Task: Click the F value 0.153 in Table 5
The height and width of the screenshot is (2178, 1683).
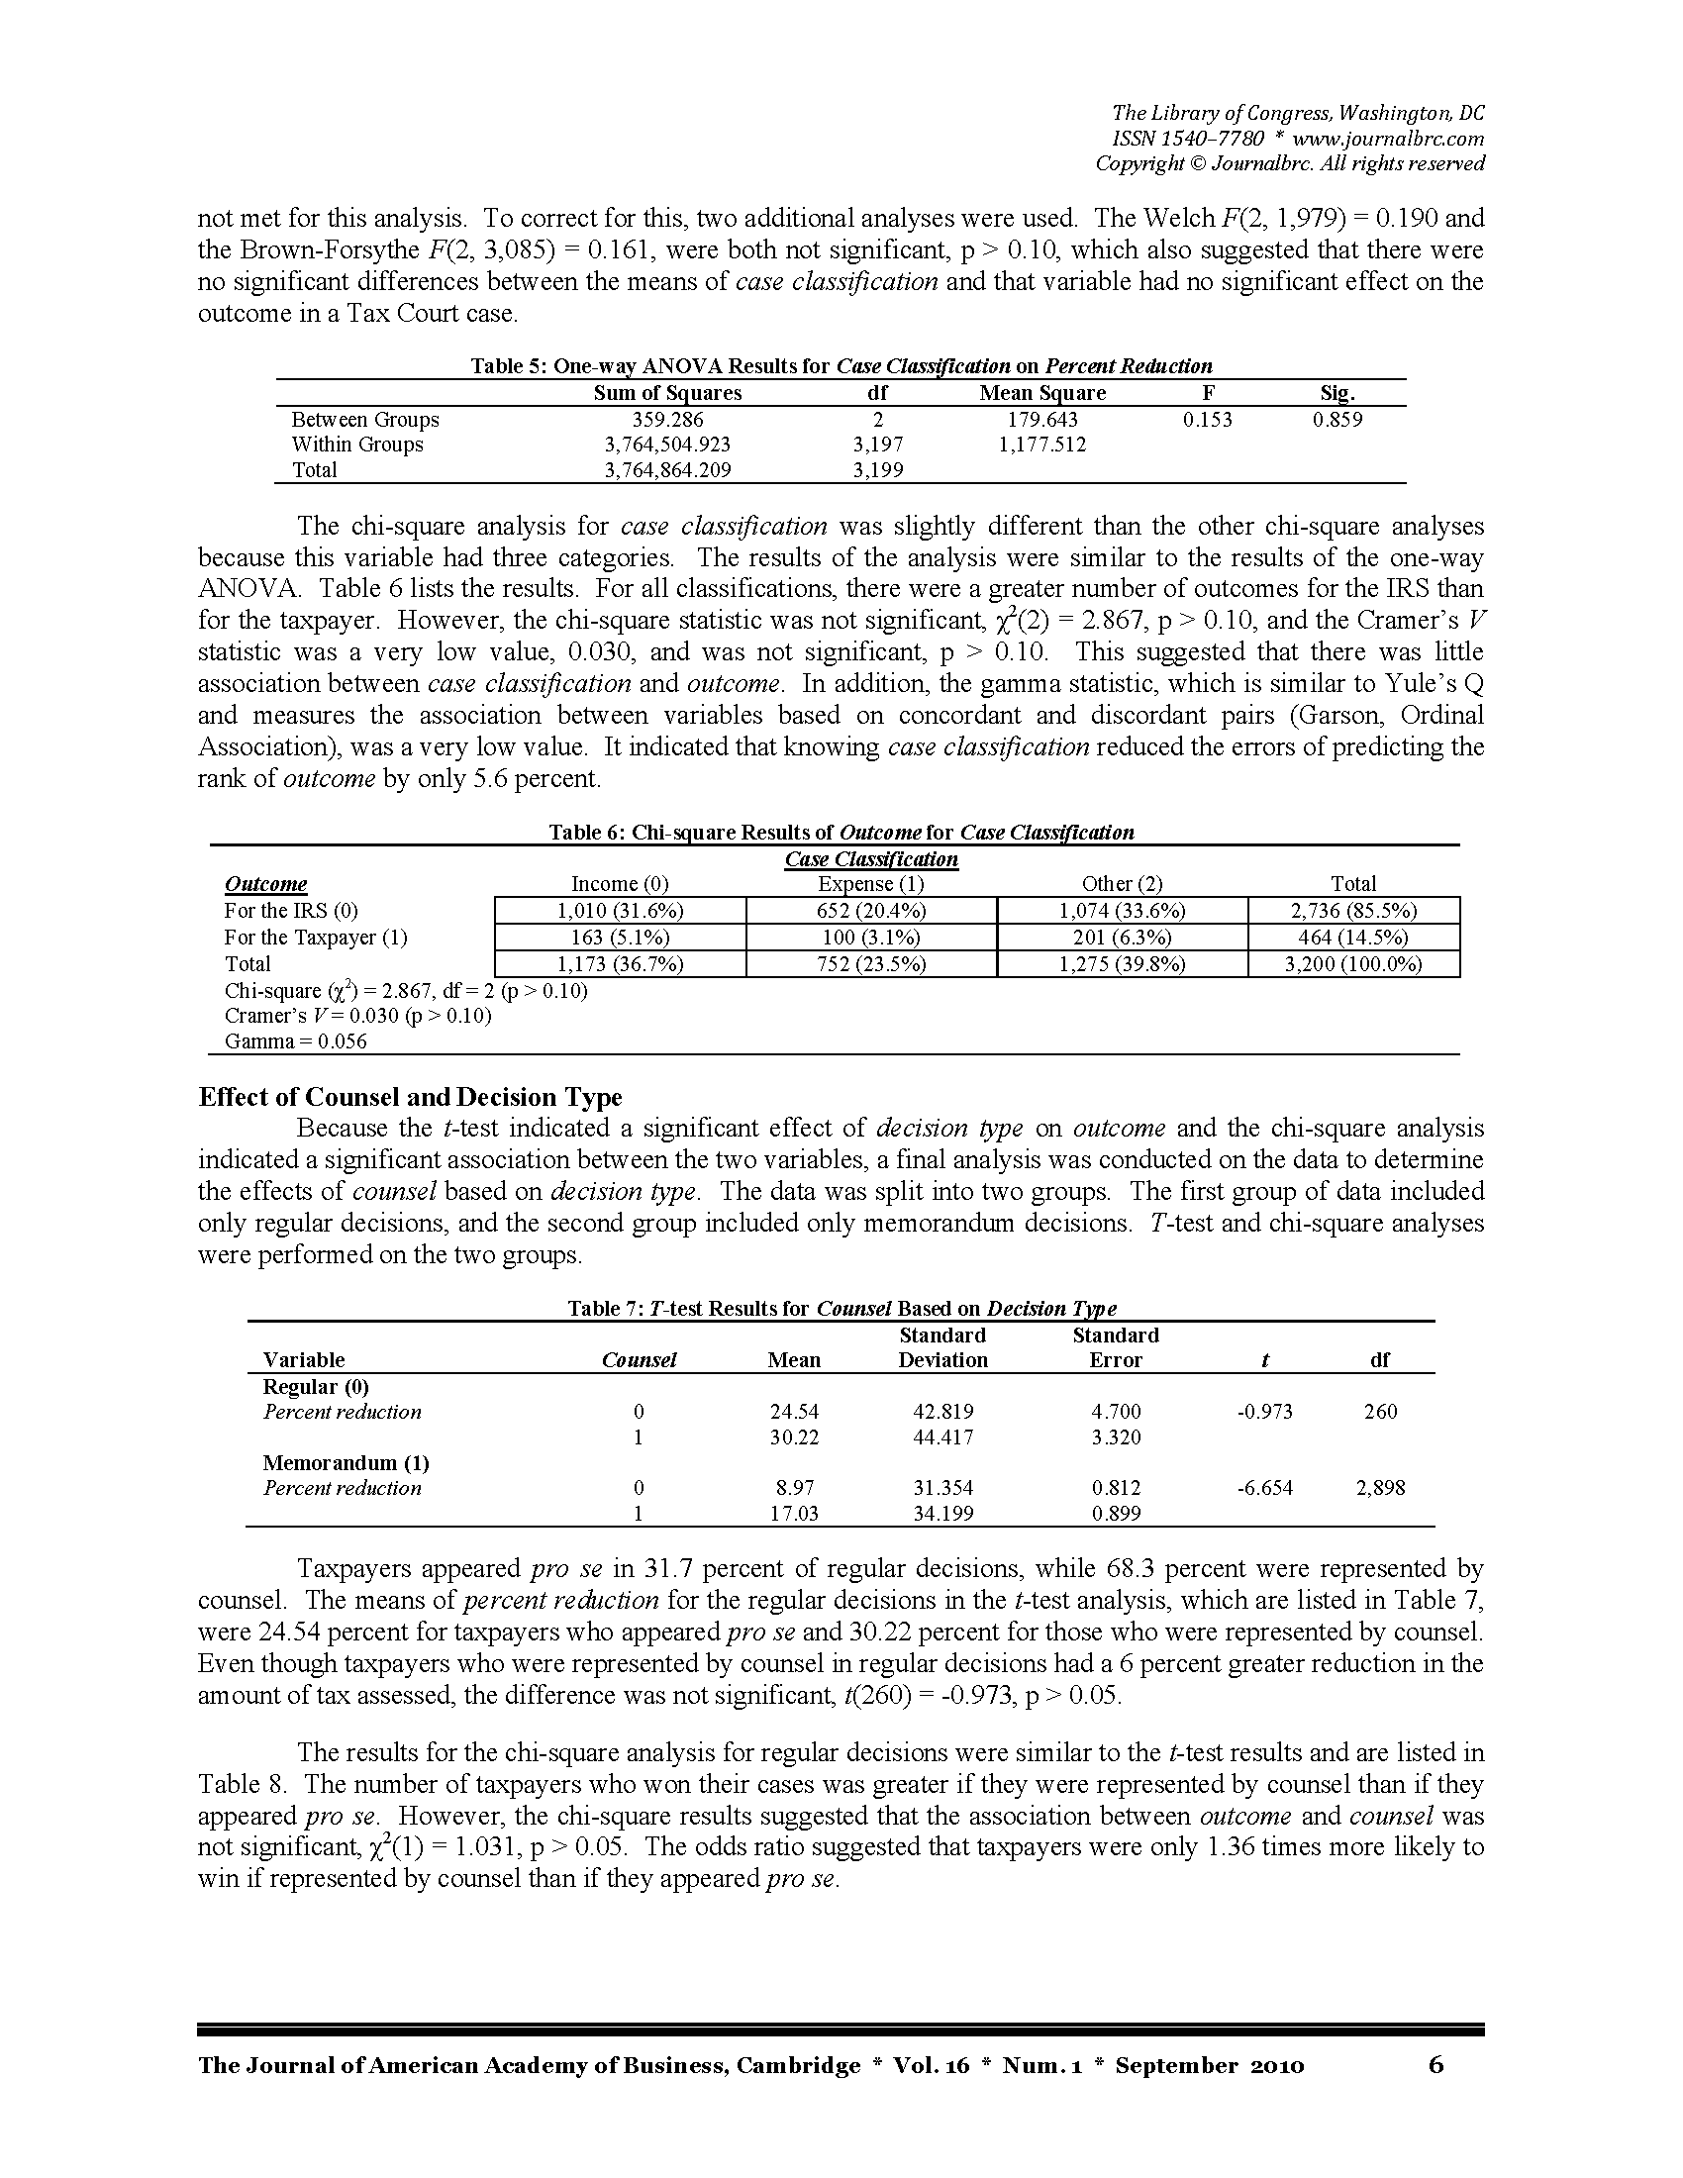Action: (1207, 420)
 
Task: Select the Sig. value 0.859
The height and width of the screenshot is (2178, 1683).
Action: (1337, 420)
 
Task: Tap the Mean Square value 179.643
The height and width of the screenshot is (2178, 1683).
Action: (1041, 420)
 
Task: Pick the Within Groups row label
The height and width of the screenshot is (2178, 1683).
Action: (357, 445)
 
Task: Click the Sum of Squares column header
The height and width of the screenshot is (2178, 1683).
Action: (667, 393)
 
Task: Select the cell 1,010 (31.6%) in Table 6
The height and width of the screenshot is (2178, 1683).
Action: (619, 911)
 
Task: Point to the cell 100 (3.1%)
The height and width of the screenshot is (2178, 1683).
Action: (870, 938)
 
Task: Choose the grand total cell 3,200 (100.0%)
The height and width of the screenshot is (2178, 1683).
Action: (1353, 964)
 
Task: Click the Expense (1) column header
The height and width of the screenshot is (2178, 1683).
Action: (870, 883)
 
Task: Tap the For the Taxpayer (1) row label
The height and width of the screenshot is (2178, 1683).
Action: (315, 938)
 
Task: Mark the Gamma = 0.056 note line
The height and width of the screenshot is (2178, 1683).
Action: (295, 1042)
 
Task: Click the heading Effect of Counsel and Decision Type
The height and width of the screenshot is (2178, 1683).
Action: (410, 1097)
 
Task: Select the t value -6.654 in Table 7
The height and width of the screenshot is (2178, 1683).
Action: (1264, 1488)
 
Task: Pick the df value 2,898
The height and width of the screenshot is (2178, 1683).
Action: (1380, 1488)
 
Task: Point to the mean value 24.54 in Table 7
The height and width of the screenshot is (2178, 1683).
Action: (795, 1411)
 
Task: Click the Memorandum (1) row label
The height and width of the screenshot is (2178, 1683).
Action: (346, 1463)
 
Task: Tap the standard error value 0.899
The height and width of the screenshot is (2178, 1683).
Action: (1117, 1514)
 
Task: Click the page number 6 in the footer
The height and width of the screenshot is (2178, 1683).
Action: (1435, 2064)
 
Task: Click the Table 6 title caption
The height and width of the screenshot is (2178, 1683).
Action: (841, 832)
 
